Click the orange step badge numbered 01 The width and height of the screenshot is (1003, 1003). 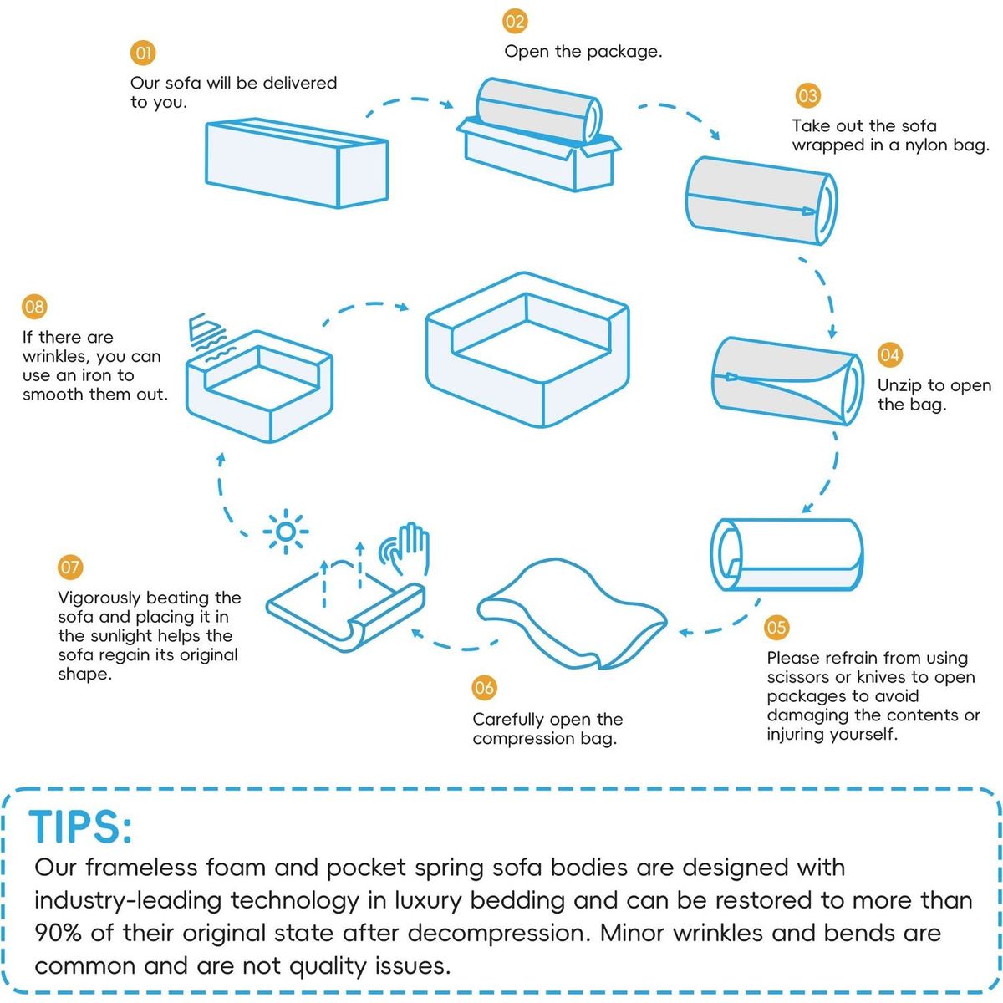pyautogui.click(x=143, y=53)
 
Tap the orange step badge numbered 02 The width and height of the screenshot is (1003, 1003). pyautogui.click(x=515, y=22)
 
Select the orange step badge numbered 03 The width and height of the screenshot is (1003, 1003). pyautogui.click(x=807, y=96)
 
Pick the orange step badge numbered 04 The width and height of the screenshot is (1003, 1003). pyautogui.click(x=889, y=355)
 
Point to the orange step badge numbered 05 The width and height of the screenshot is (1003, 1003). pyautogui.click(x=776, y=627)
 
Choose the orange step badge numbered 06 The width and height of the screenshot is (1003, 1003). pyautogui.click(x=484, y=688)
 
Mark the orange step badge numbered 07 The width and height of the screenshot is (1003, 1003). pyautogui.click(x=70, y=567)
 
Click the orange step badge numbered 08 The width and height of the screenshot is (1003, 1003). pyautogui.click(x=34, y=307)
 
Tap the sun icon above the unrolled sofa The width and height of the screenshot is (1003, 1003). pyautogui.click(x=285, y=532)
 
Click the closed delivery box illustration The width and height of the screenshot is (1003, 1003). pyautogui.click(x=297, y=164)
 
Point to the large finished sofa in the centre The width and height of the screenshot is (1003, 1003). pyautogui.click(x=527, y=349)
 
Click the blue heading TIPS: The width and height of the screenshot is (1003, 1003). pyautogui.click(x=81, y=827)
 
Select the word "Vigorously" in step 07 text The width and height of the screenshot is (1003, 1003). pyautogui.click(x=99, y=598)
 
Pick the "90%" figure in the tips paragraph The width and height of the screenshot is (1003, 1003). pyautogui.click(x=59, y=934)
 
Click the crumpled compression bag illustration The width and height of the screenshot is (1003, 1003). pyautogui.click(x=572, y=614)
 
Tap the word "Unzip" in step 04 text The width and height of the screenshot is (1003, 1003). pyautogui.click(x=899, y=386)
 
